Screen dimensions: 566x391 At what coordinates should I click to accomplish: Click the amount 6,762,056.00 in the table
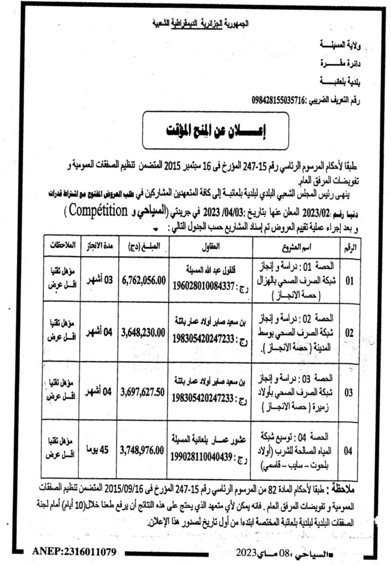(x=142, y=281)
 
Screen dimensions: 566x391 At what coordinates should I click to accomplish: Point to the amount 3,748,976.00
(x=141, y=451)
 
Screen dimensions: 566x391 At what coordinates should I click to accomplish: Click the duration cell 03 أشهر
(x=97, y=281)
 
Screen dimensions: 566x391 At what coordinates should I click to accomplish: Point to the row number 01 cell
(x=349, y=281)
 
